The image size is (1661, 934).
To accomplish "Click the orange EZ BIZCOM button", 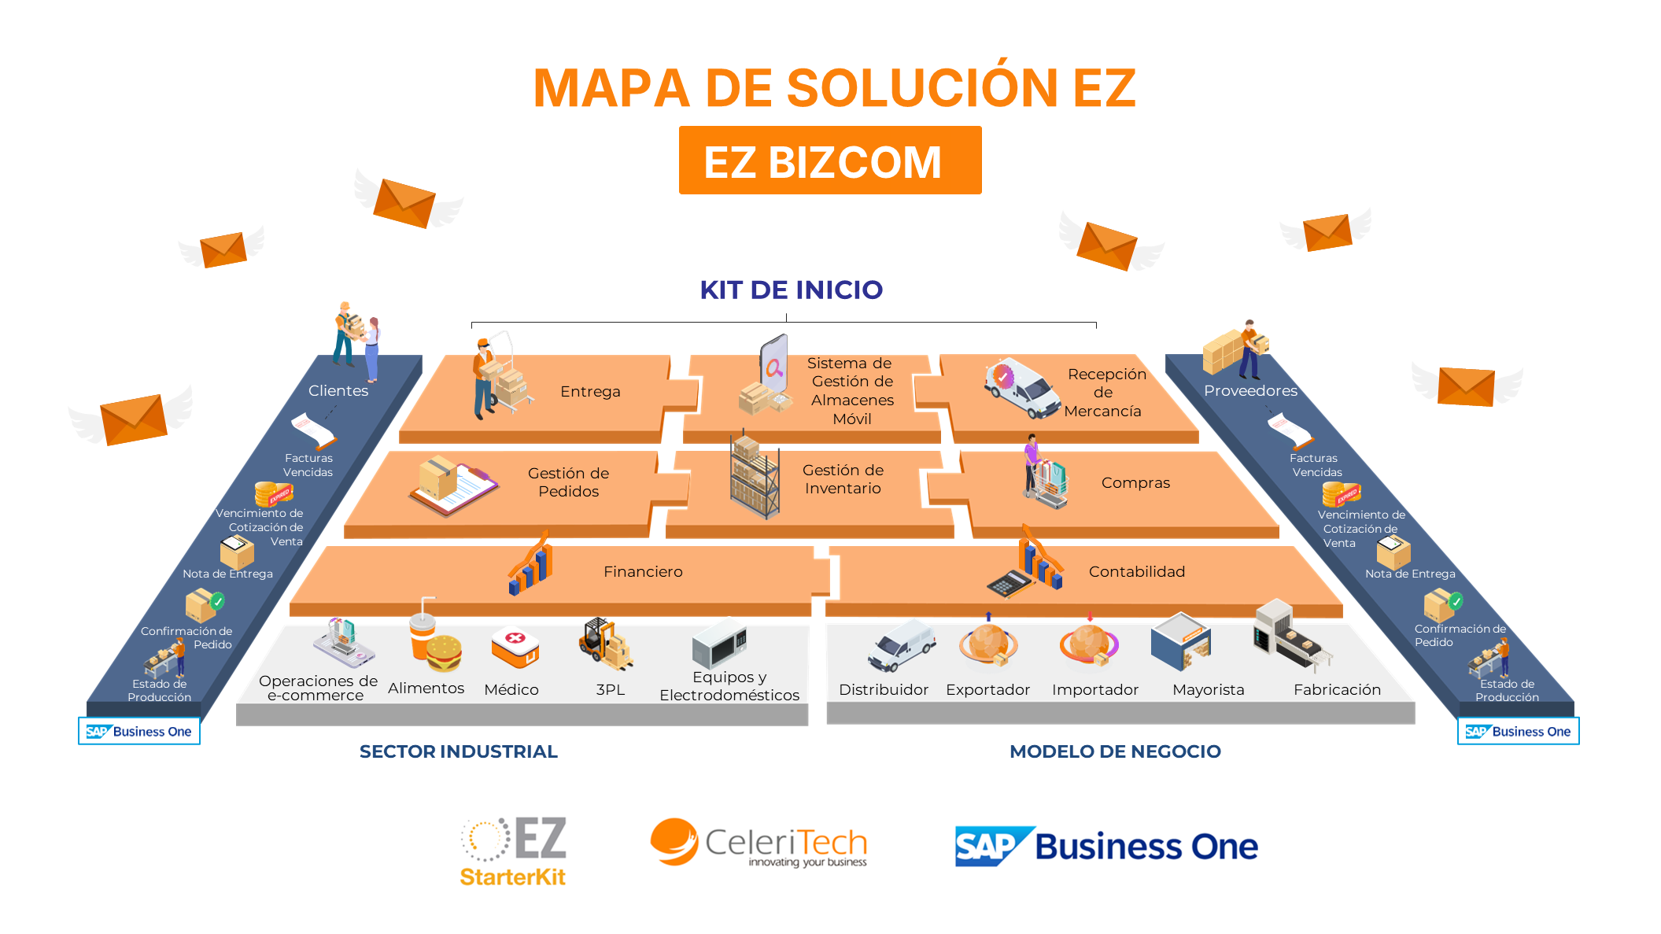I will tap(829, 161).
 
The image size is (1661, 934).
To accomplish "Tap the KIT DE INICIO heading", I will tap(791, 290).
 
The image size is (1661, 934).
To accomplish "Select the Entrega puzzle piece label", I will tap(590, 392).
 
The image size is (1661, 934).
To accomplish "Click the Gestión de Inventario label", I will tap(842, 479).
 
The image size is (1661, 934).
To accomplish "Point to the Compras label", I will tap(1135, 483).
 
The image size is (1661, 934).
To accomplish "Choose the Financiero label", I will tap(643, 572).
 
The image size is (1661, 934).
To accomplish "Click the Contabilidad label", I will tap(1136, 572).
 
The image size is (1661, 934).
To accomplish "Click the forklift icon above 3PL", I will tap(604, 643).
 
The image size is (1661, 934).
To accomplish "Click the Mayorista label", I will tap(1208, 690).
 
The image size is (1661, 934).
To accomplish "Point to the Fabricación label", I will tap(1337, 690).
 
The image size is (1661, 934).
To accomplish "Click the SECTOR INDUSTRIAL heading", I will tap(458, 752).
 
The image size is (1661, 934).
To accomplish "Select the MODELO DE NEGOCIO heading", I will tap(1115, 752).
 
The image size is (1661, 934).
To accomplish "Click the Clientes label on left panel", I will tap(338, 391).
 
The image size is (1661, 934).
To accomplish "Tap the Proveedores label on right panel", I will tap(1250, 391).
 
